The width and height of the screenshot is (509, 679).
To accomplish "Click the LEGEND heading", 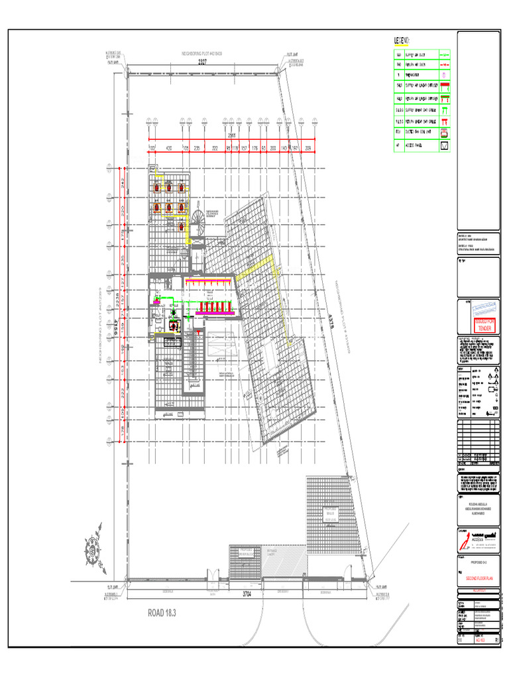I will point(402,41).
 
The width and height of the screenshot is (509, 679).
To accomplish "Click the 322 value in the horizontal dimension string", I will point(214,149).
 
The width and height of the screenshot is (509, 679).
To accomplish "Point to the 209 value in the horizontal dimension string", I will point(307,149).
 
